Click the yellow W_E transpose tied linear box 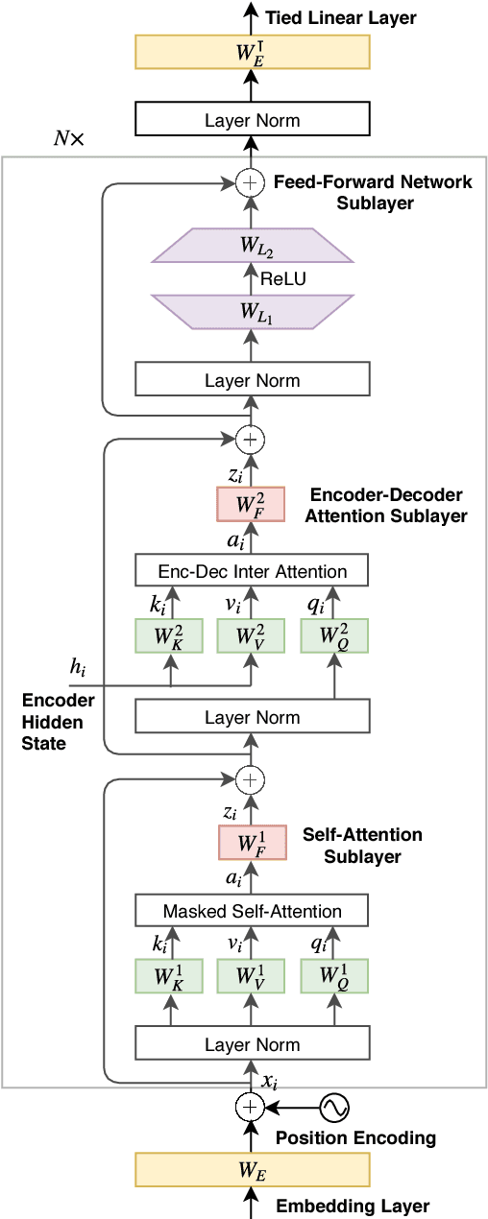[252, 52]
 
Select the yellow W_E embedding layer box [252, 1168]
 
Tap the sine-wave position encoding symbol [333, 1108]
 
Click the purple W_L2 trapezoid [251, 245]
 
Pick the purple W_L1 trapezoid [251, 312]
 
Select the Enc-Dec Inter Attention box [252, 571]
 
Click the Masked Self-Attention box [252, 910]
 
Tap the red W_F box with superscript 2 [251, 504]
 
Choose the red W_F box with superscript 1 [251, 843]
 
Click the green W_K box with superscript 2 [171, 636]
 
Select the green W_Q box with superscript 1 [334, 975]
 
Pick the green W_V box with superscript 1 [251, 975]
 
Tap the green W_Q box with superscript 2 [334, 636]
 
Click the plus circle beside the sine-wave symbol [250, 1108]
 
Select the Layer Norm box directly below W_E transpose [252, 120]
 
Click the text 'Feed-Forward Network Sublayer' [373, 192]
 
